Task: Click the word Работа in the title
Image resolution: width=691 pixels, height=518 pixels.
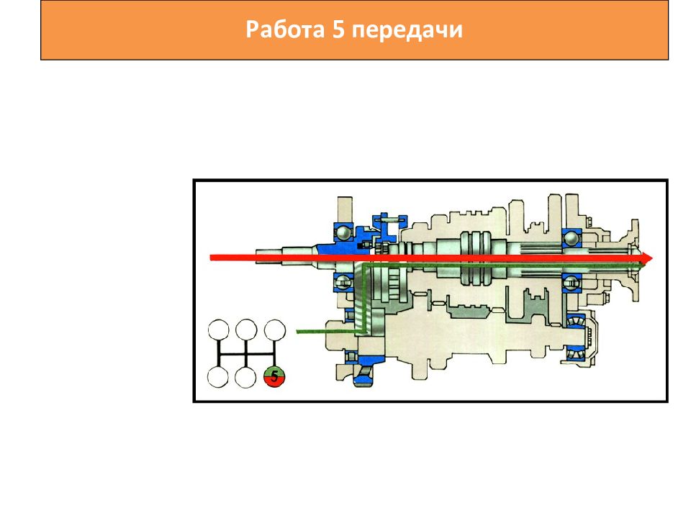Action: coord(285,30)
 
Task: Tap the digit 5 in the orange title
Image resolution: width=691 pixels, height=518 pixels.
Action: coord(338,30)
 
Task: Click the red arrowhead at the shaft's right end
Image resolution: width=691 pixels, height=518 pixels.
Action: coord(647,258)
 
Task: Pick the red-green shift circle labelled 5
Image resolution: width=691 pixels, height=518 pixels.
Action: coord(274,377)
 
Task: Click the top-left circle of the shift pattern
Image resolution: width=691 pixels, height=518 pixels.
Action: coord(219,330)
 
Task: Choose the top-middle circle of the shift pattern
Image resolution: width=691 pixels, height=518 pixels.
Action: coord(246,330)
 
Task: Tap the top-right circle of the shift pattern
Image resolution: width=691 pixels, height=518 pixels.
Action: coord(274,330)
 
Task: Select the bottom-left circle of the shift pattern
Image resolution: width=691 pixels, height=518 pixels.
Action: coord(218,377)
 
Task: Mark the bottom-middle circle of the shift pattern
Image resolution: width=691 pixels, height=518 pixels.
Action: coord(246,377)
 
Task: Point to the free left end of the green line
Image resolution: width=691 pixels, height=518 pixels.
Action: coord(297,331)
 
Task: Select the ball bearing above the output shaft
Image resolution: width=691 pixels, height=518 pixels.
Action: coord(572,238)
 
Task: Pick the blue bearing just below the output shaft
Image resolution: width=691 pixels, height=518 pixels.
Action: coord(572,283)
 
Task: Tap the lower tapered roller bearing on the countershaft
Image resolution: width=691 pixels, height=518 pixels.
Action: coord(575,353)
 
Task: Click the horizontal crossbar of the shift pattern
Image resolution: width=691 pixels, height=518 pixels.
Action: coord(246,354)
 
